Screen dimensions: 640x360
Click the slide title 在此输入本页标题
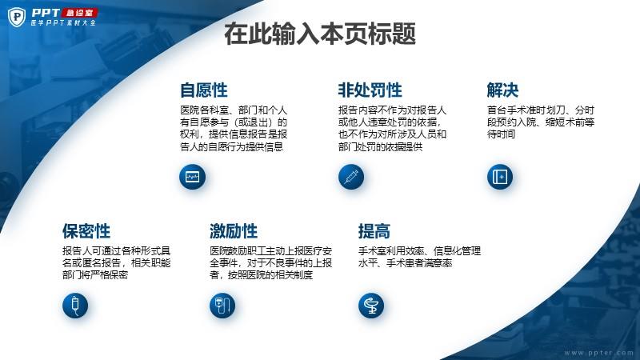point(320,34)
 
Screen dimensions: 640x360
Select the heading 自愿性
point(204,90)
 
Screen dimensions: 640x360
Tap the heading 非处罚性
point(370,90)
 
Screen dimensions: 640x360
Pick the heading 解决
point(502,90)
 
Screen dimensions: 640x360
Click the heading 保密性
point(86,231)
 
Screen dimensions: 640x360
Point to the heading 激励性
point(234,231)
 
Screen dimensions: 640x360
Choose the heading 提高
point(374,231)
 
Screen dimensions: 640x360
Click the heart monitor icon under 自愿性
point(192,177)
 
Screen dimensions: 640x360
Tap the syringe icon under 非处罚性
point(351,177)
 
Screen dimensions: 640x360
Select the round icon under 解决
point(499,177)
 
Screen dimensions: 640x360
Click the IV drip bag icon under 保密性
point(75,306)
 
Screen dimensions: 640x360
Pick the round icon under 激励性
point(222,306)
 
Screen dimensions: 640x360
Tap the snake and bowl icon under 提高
point(371,306)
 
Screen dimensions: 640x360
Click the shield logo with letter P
point(17,17)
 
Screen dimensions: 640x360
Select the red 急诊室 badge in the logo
point(79,13)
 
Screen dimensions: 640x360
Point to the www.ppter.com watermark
point(598,352)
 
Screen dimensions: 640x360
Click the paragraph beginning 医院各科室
point(234,128)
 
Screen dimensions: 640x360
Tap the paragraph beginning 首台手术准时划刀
point(541,122)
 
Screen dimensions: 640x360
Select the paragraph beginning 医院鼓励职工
point(270,262)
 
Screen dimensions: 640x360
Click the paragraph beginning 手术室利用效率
point(419,257)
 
